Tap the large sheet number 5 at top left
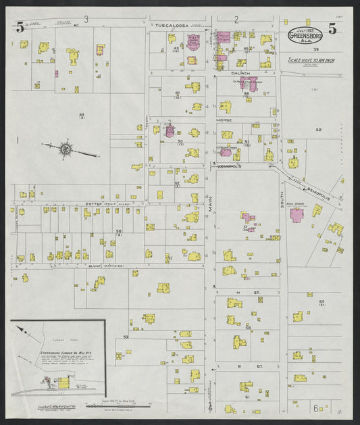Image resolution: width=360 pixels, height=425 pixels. pos(21,28)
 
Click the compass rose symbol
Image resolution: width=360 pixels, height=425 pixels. pos(66,148)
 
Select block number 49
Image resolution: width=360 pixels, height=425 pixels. pos(317,129)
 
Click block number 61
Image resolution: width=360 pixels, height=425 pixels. pos(247,397)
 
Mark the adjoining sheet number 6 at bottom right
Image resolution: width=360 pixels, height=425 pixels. pos(315,408)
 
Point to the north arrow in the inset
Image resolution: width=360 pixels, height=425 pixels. pos(22,332)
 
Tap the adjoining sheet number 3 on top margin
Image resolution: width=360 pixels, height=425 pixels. pos(86,18)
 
